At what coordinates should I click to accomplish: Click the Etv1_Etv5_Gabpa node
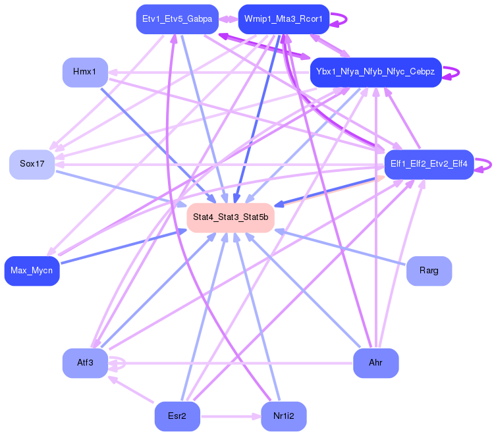coord(176,19)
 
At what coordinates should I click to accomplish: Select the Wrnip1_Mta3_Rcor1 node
coord(283,19)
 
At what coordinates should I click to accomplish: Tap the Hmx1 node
coord(85,72)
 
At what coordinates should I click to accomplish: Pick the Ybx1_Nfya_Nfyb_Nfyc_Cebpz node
coord(375,72)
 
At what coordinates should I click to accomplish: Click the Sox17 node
coord(32,164)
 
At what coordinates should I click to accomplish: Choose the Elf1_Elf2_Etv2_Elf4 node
coord(429,164)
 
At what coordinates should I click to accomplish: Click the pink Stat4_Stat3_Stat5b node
coord(230,217)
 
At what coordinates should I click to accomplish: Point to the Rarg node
coord(429,271)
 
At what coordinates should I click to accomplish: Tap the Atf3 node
coord(85,363)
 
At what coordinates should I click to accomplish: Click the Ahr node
coord(375,363)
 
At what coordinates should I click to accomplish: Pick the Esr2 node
coord(177,416)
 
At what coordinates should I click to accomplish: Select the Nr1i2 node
coord(283,416)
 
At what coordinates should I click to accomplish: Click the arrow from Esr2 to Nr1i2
coord(231,416)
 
